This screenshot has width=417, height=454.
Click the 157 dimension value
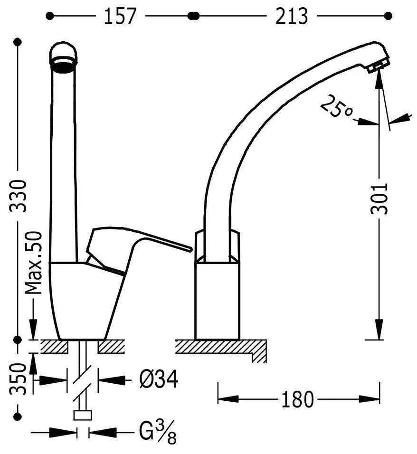(120, 16)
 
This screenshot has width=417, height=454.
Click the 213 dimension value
(291, 16)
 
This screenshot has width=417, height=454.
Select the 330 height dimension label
(18, 196)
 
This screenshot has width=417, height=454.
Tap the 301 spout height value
(379, 199)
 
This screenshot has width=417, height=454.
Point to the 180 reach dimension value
(297, 399)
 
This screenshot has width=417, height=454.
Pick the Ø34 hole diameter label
(159, 379)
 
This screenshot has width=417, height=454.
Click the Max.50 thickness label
(34, 263)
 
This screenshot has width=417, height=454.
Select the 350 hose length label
(18, 379)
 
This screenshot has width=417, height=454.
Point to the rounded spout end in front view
(64, 57)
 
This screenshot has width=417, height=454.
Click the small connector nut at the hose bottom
(83, 415)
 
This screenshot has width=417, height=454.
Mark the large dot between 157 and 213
(193, 16)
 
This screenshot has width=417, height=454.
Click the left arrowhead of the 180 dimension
(228, 399)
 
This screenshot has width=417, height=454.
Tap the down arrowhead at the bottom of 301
(379, 329)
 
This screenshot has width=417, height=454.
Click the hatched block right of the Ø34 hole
(111, 347)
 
